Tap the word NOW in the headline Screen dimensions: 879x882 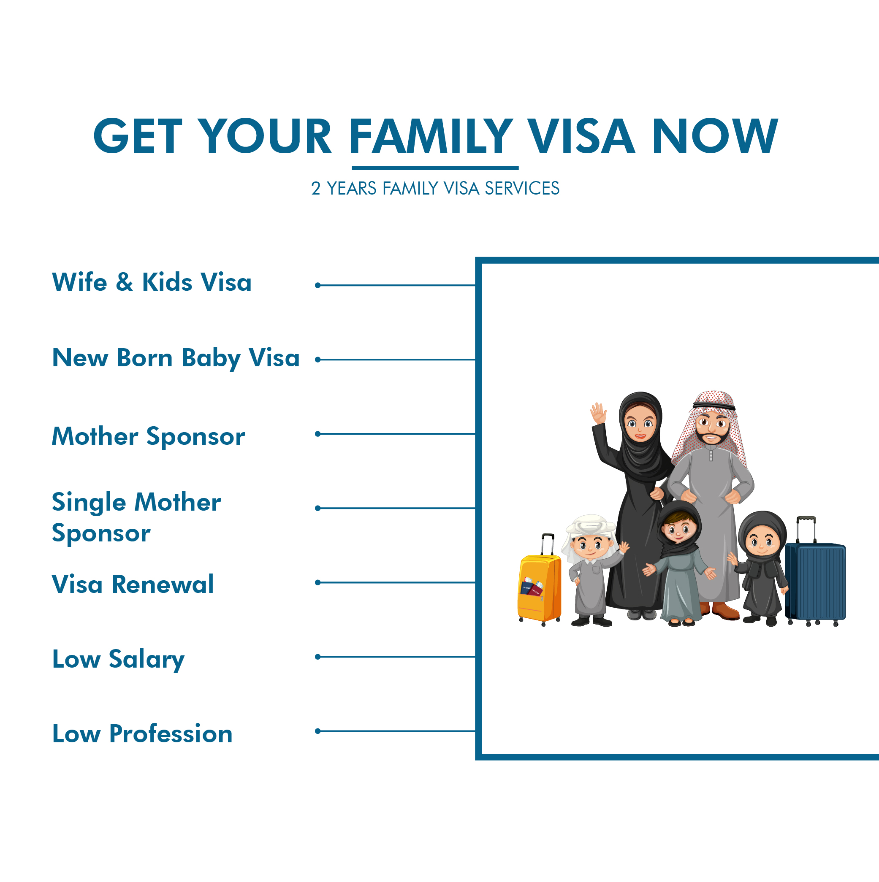click(715, 136)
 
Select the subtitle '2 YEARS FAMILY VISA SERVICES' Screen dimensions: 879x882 click(435, 188)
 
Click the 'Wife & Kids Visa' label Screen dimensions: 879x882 click(152, 281)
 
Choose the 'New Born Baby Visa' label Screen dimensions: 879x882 click(176, 358)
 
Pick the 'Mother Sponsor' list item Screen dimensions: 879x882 click(149, 436)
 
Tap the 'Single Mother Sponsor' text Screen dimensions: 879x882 click(136, 517)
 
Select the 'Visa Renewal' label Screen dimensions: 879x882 click(133, 584)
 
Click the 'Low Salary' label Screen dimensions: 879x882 click(118, 659)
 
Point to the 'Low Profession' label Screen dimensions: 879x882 click(142, 733)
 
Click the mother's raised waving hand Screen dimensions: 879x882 click(598, 413)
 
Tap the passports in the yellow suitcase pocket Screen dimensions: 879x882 click(532, 587)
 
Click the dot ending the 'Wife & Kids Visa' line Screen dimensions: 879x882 click(318, 285)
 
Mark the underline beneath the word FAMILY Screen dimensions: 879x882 click(435, 168)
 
